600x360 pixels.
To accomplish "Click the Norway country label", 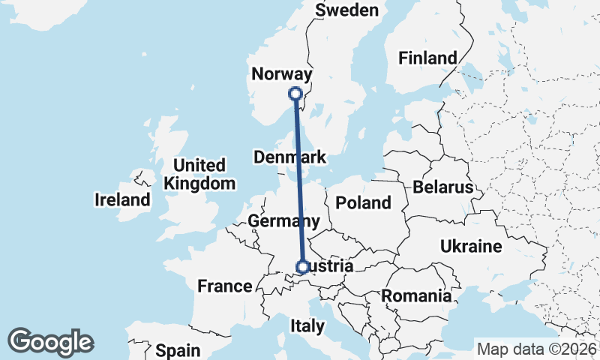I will pyautogui.click(x=281, y=74).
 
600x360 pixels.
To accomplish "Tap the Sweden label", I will pyautogui.click(x=347, y=10).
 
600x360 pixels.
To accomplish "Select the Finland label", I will pyautogui.click(x=427, y=58).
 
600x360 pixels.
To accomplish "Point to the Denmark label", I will pyautogui.click(x=289, y=157).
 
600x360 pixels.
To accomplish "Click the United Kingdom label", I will pyautogui.click(x=199, y=174).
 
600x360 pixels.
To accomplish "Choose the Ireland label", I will pyautogui.click(x=122, y=200).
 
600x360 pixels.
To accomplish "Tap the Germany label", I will pyautogui.click(x=283, y=221).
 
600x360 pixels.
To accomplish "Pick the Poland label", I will pyautogui.click(x=364, y=202).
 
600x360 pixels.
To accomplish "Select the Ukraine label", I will pyautogui.click(x=470, y=246).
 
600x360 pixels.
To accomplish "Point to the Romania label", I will pyautogui.click(x=416, y=295).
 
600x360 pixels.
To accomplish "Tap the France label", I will pyautogui.click(x=225, y=286).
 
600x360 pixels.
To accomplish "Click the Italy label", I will pyautogui.click(x=307, y=325).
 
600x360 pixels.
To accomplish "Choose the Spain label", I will pyautogui.click(x=178, y=350).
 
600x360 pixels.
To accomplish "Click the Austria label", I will pyautogui.click(x=330, y=266).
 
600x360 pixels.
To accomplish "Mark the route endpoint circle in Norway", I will pyautogui.click(x=295, y=94).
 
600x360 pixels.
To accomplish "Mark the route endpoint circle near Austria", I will pyautogui.click(x=302, y=267).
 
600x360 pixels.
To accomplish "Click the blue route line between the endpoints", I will pyautogui.click(x=298, y=180).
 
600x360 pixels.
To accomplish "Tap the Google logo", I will pyautogui.click(x=50, y=342).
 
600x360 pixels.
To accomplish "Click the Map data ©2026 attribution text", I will pyautogui.click(x=537, y=349).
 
